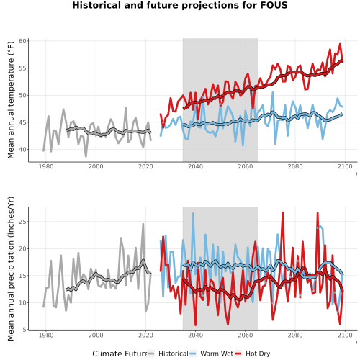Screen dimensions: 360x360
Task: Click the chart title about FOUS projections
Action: pyautogui.click(x=180, y=5)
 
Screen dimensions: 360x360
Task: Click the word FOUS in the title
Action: pyautogui.click(x=274, y=5)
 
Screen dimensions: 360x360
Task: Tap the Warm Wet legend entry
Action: pyautogui.click(x=211, y=354)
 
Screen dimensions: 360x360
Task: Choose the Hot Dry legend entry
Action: pyautogui.click(x=252, y=354)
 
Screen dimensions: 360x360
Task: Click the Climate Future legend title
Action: pyautogui.click(x=120, y=354)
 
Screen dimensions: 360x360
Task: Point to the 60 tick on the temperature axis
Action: pyautogui.click(x=22, y=41)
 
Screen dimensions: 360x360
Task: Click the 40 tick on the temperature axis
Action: pyautogui.click(x=22, y=150)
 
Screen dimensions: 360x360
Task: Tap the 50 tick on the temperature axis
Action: pyautogui.click(x=22, y=95)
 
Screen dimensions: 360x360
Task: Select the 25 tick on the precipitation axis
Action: pyautogui.click(x=22, y=222)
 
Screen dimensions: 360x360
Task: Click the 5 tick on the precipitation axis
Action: pyautogui.click(x=24, y=330)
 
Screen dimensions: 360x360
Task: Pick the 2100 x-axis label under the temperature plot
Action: pyautogui.click(x=345, y=166)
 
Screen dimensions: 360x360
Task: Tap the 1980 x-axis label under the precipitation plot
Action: pyautogui.click(x=46, y=335)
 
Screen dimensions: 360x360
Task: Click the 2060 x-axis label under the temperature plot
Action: pyautogui.click(x=246, y=166)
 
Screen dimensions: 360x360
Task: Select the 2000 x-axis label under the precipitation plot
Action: pyautogui.click(x=96, y=335)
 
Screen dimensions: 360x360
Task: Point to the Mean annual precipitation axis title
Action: pyautogui.click(x=11, y=269)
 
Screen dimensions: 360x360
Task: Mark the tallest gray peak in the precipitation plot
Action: pyautogui.click(x=143, y=224)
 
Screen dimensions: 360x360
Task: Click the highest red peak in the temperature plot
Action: pyautogui.click(x=340, y=44)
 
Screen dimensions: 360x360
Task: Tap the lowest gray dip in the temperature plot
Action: pyautogui.click(x=86, y=156)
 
